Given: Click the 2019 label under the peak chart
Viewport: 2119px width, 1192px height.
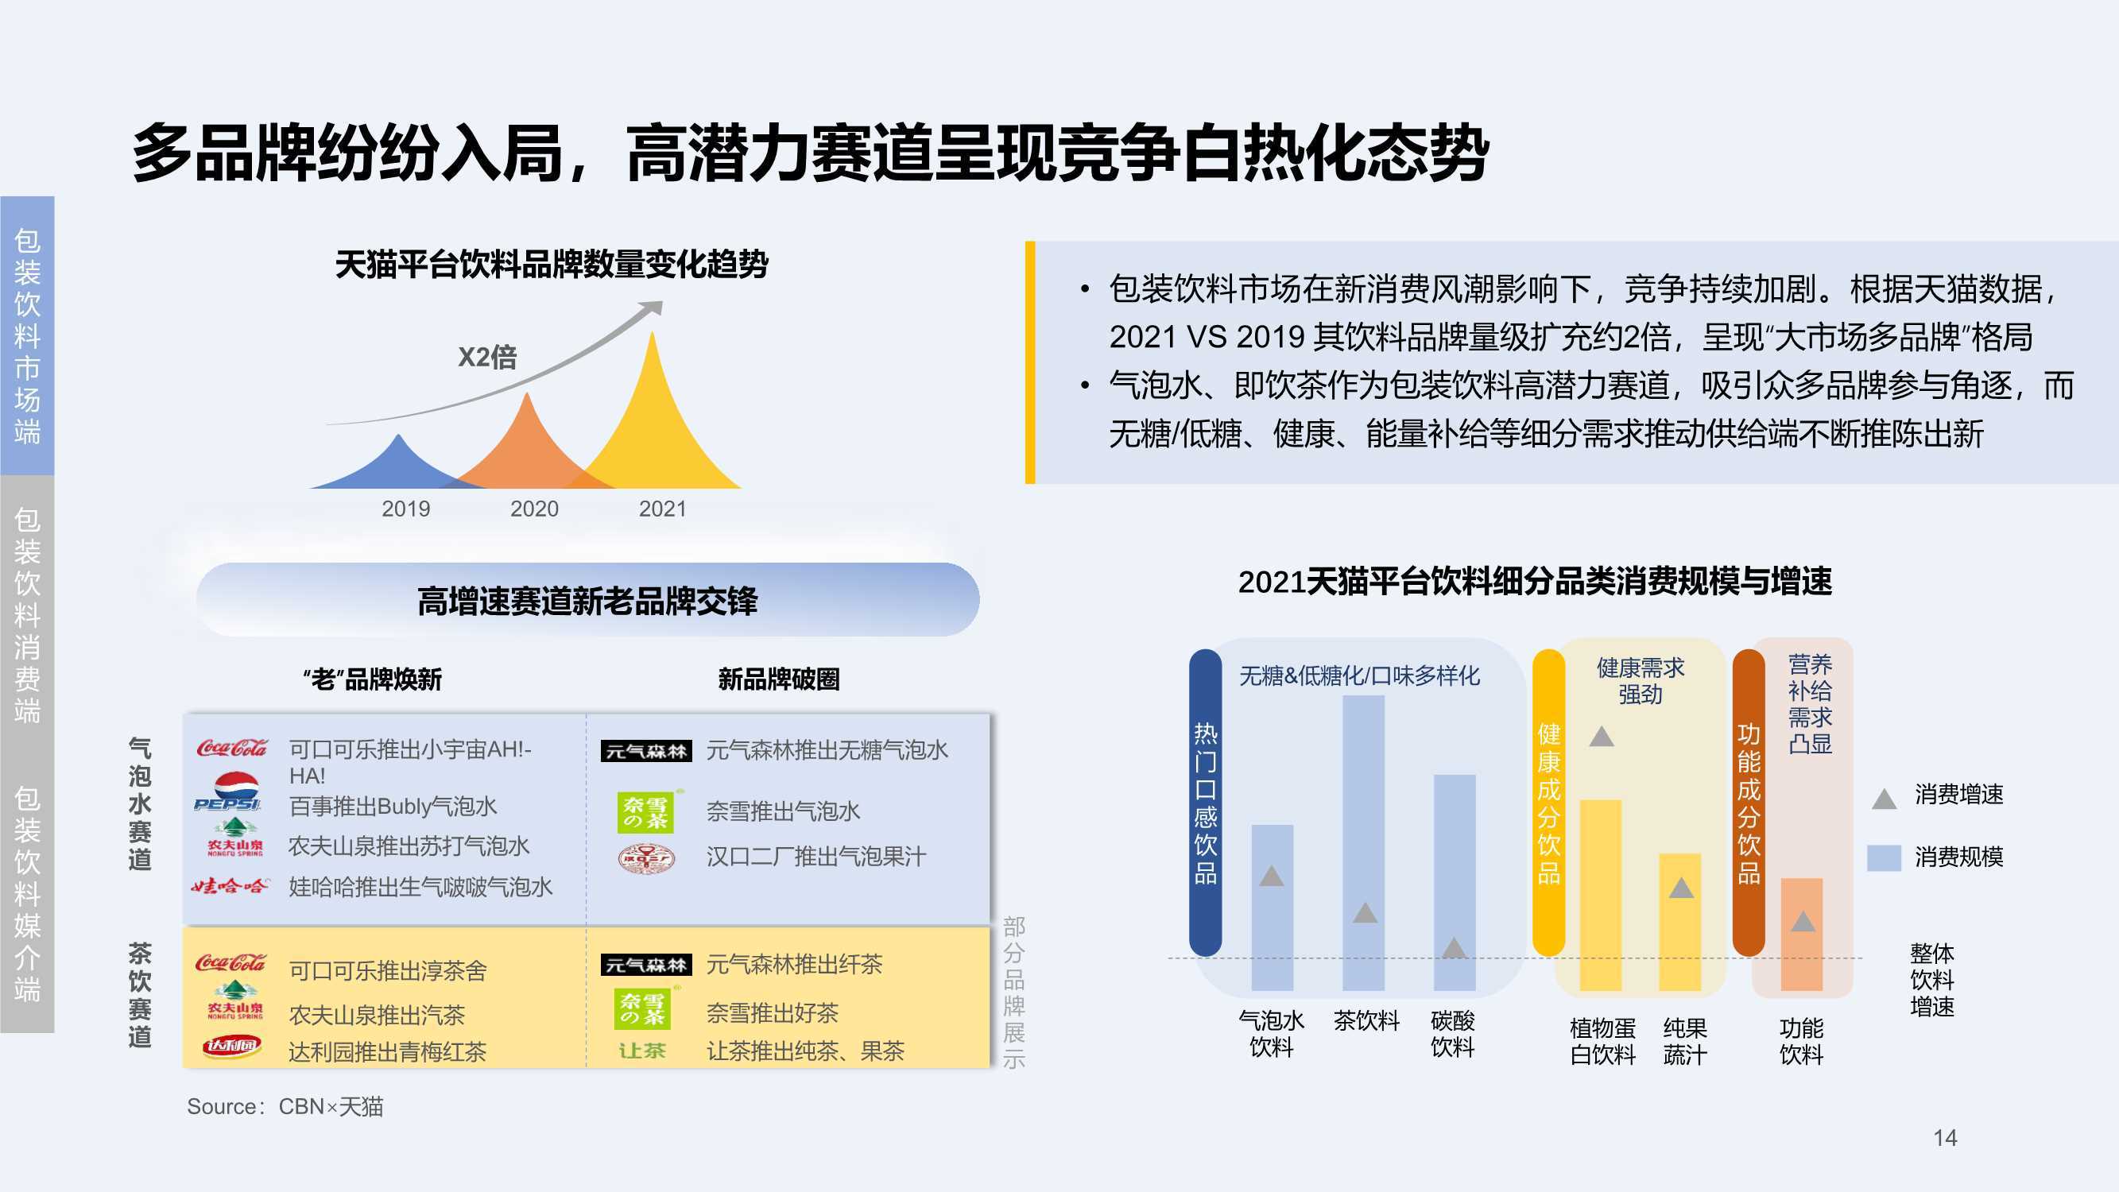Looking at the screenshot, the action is coord(405,509).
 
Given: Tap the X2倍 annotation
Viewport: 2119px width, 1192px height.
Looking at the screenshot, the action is coord(487,357).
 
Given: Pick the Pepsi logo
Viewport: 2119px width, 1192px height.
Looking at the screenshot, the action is coord(228,791).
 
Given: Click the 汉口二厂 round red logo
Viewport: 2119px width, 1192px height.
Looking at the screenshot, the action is coord(646,858).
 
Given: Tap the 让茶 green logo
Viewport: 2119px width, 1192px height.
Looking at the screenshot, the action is coord(642,1051).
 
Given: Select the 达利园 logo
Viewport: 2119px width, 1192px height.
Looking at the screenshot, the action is coord(232,1047).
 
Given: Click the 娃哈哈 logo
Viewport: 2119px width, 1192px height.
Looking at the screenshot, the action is coord(230,886).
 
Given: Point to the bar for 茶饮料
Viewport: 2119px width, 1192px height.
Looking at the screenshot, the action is coord(1364,842).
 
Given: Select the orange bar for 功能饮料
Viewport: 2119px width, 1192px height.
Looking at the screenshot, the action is coord(1802,934).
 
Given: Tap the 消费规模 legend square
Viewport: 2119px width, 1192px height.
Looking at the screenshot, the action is coord(1884,857).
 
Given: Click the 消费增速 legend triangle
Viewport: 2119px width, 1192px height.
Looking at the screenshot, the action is coord(1884,798).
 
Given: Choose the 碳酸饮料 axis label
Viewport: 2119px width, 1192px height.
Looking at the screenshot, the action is coord(1453,1034).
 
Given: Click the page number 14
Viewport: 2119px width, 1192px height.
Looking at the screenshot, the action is coord(1946,1138).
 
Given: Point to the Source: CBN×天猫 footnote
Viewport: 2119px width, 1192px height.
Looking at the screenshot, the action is coord(285,1106).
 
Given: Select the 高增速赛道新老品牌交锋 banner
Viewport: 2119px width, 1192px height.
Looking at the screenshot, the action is coord(588,600).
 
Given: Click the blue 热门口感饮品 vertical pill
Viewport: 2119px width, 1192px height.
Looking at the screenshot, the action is coord(1205,802).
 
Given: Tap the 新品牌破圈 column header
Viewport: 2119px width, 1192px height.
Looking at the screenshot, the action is coord(778,679).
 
